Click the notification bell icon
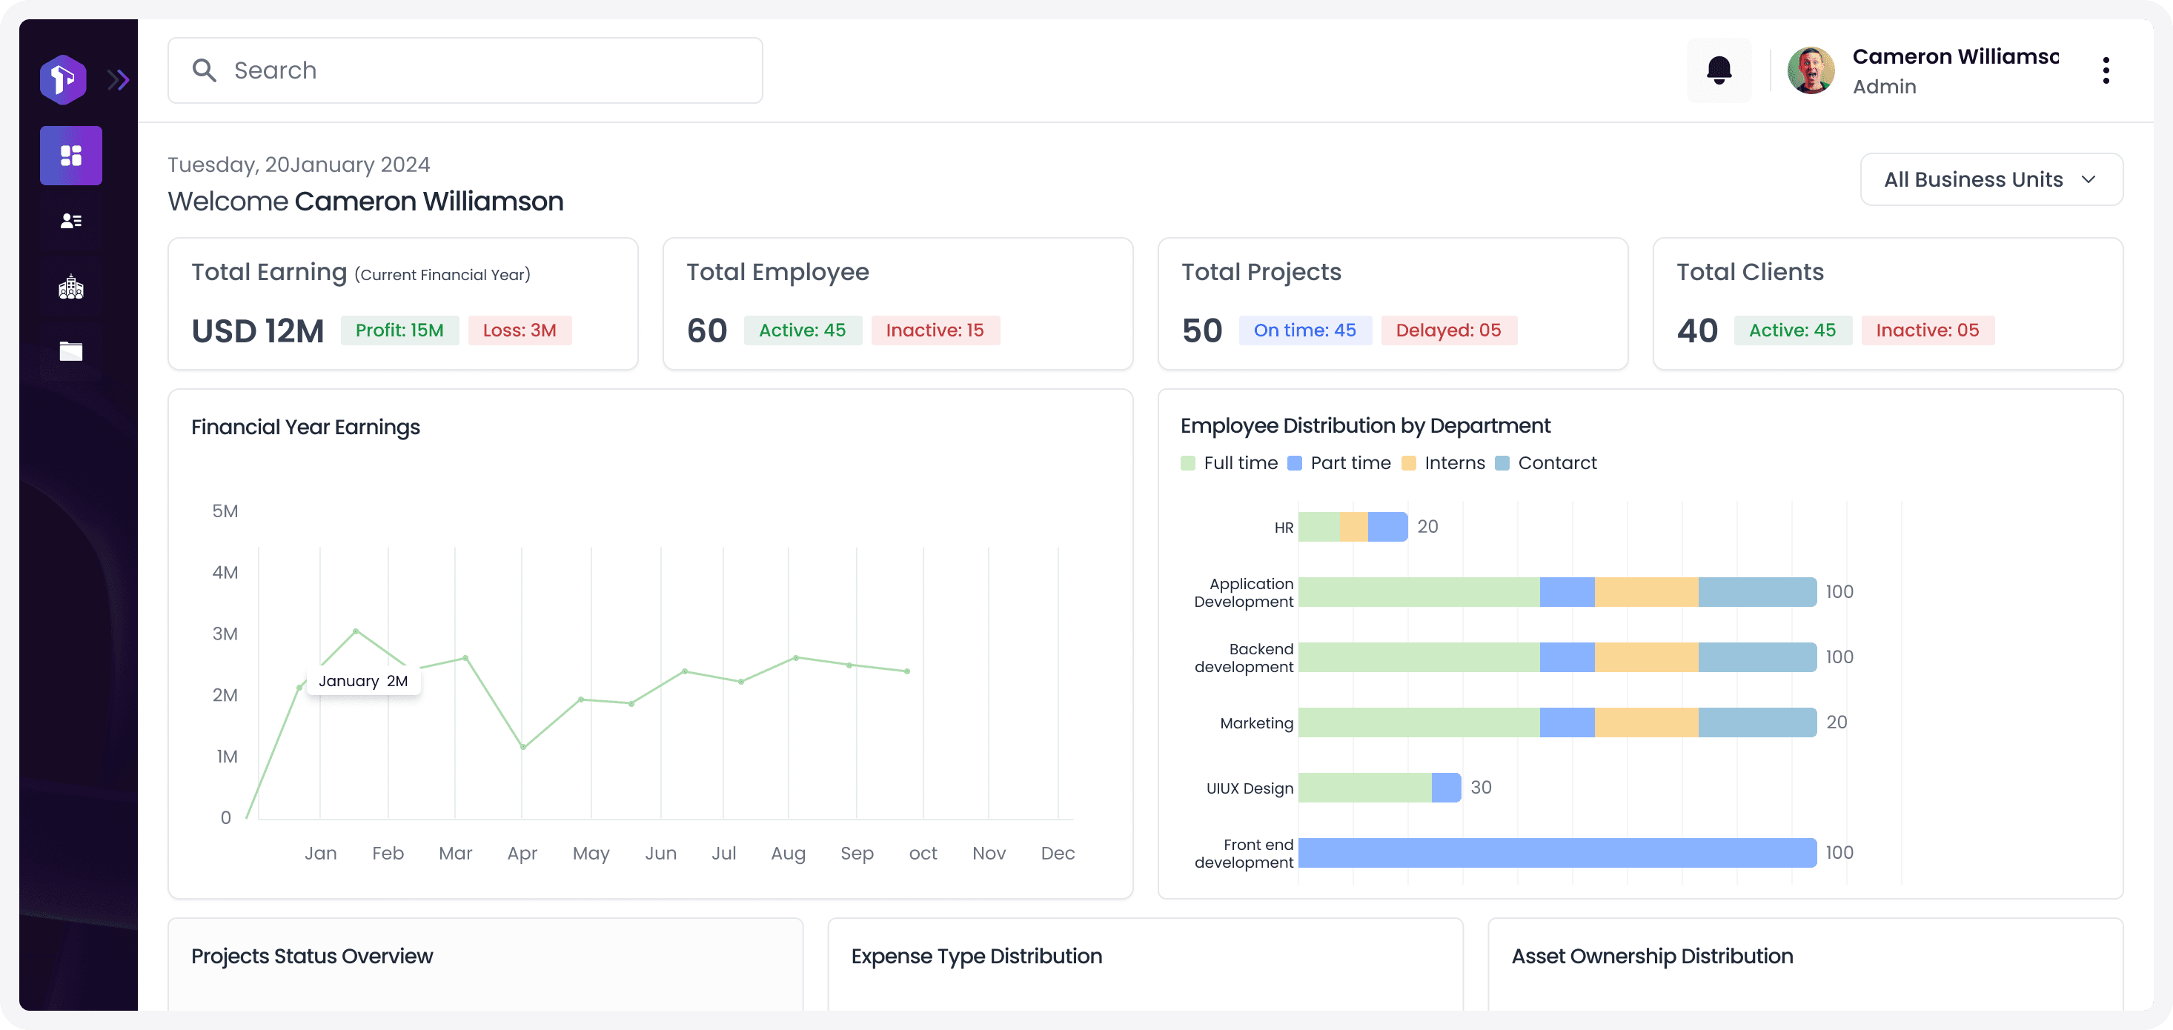pos(1719,70)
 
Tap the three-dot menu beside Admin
pos(2106,70)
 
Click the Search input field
pos(465,70)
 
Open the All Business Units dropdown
pos(1991,179)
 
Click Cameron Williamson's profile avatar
pos(1811,70)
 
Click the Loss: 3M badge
pos(520,330)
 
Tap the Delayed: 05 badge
pos(1448,330)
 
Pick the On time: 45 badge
pos(1305,330)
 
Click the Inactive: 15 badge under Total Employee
pos(935,330)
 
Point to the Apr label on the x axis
pos(522,853)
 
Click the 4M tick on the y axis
pos(225,572)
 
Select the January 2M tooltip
pos(364,681)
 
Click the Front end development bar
pos(1557,853)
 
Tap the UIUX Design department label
pos(1250,788)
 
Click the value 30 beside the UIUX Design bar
pos(1481,787)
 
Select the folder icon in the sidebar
pos(71,351)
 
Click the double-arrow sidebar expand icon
pos(118,80)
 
